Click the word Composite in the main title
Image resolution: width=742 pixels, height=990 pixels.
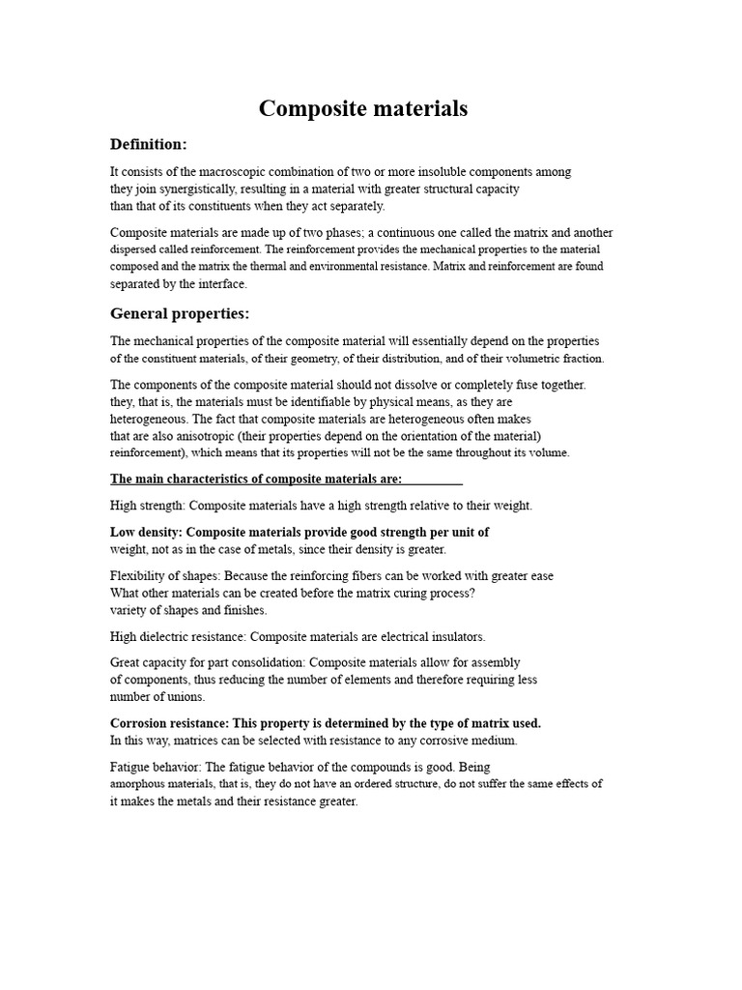click(x=308, y=109)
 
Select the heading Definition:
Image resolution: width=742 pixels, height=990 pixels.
click(x=148, y=144)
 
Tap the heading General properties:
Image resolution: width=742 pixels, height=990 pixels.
click(x=180, y=313)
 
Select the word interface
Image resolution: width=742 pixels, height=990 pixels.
click(x=223, y=284)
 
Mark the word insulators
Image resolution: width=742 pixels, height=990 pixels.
click(x=455, y=637)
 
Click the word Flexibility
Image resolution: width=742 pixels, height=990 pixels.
click(x=137, y=576)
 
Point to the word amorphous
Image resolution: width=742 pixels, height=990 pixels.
click(x=138, y=784)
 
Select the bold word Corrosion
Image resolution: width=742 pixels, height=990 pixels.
click(x=140, y=723)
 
